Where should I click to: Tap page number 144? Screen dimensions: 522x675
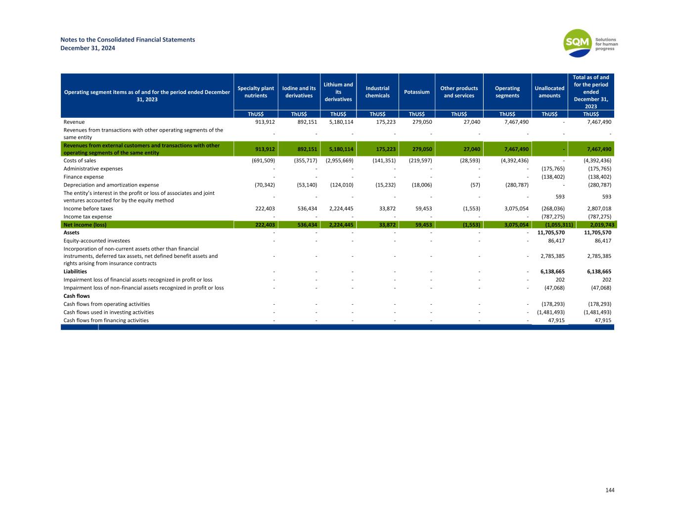click(x=610, y=490)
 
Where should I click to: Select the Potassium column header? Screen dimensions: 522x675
click(x=416, y=92)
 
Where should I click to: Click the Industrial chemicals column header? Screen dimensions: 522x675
click(x=377, y=92)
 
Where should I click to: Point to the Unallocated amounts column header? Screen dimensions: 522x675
click(x=549, y=92)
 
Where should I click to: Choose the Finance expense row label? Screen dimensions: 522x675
click(x=84, y=177)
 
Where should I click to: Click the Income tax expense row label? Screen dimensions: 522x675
click(x=88, y=217)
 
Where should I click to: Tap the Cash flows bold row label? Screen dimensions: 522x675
click(x=77, y=296)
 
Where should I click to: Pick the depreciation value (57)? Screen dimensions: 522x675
click(x=473, y=185)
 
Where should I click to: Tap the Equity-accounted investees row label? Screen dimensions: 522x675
click(x=97, y=240)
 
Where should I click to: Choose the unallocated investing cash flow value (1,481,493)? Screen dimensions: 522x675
click(x=550, y=312)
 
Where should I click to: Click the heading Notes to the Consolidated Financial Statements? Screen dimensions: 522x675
click(x=128, y=40)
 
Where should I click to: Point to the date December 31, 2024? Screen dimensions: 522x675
click(x=88, y=48)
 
